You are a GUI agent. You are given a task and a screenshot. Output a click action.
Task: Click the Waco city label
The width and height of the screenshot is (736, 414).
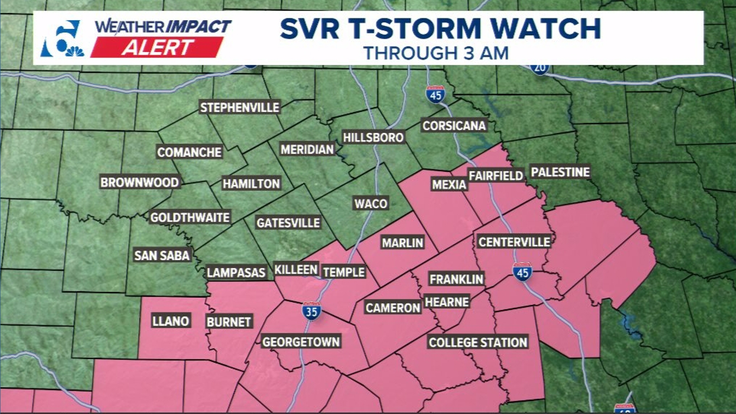[371, 203]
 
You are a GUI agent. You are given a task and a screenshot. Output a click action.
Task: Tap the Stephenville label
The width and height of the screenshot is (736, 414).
[240, 107]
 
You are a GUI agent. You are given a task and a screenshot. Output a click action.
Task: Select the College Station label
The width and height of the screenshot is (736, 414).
[478, 342]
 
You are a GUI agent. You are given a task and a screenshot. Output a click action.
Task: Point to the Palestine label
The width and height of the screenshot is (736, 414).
[560, 172]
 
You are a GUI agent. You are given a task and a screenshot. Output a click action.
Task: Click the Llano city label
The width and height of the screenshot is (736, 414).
[171, 321]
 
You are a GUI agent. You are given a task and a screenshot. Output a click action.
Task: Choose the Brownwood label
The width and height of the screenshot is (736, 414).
[140, 182]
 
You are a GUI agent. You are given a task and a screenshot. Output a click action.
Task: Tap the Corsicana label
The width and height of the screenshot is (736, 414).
[454, 125]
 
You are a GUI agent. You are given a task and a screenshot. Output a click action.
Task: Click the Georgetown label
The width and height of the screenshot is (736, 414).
[301, 342]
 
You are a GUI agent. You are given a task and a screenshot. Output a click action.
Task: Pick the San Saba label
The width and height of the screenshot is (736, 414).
[162, 255]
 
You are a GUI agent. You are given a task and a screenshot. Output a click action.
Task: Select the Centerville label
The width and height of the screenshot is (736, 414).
[514, 242]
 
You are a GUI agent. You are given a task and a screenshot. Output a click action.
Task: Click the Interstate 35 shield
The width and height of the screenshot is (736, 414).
[311, 311]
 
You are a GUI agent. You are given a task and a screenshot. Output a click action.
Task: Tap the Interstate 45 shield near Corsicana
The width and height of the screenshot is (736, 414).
[435, 94]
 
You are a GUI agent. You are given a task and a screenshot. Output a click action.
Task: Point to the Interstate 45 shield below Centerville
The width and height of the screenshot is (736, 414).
[522, 272]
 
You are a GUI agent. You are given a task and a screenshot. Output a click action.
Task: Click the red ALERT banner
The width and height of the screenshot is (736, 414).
[157, 48]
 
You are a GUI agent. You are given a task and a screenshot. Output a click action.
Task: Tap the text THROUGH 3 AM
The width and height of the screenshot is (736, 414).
[436, 53]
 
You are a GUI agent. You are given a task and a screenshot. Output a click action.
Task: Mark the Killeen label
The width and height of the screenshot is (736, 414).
[296, 269]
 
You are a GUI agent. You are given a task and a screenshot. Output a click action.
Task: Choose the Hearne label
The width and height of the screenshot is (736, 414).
[447, 302]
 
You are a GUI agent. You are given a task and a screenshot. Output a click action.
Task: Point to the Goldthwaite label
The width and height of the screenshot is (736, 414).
[190, 218]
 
